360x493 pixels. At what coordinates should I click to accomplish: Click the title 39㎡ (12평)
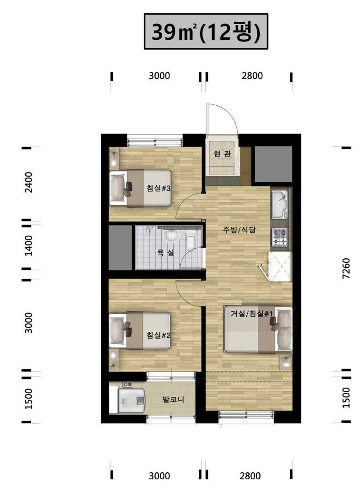click(206, 32)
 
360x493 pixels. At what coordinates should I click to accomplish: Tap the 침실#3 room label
click(159, 189)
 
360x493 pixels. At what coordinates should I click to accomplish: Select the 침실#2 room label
click(159, 335)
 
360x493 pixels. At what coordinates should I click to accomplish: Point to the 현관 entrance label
click(222, 154)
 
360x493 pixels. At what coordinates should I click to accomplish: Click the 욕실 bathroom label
click(165, 252)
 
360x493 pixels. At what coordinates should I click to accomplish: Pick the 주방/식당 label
click(239, 230)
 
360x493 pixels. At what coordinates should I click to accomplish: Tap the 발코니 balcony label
click(173, 400)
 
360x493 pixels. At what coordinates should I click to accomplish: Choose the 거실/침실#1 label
click(251, 313)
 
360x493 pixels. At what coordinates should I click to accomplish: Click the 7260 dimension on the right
click(346, 268)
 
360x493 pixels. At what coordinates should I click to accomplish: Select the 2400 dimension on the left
click(29, 183)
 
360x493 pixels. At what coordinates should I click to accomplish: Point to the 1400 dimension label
click(29, 245)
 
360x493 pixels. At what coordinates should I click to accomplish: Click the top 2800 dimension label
click(252, 76)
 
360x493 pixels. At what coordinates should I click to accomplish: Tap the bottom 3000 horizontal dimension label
click(159, 476)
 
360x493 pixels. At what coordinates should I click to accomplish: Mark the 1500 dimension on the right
click(346, 398)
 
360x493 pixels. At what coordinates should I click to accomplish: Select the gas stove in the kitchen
click(280, 237)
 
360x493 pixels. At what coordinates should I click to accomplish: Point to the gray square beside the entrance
click(273, 164)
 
